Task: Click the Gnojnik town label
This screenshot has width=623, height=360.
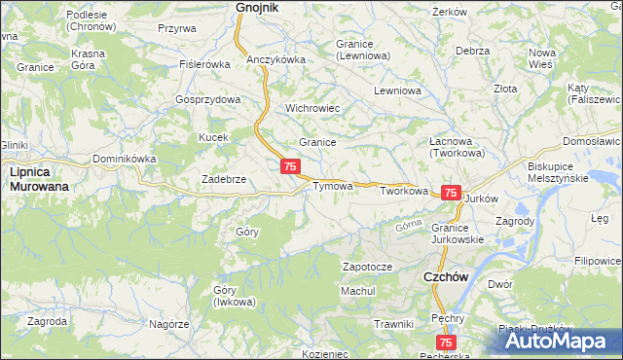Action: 257,8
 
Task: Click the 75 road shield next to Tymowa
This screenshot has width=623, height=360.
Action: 290,167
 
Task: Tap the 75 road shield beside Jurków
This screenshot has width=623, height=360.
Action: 451,194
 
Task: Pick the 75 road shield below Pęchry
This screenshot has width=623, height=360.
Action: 445,342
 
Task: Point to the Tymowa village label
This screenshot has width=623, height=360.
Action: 332,186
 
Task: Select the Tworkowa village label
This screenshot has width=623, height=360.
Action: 404,192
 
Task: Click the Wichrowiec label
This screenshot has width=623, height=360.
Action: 311,108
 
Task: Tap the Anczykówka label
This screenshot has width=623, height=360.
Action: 276,59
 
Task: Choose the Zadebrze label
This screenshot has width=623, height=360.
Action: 223,179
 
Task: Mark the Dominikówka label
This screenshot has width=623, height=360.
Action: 125,159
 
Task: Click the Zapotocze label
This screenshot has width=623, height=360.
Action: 367,267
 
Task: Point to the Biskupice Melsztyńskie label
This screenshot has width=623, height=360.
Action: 559,172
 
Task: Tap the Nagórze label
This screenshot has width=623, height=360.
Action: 168,323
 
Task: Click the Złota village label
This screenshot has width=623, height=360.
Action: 505,89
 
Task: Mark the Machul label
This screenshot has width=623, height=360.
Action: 357,291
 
